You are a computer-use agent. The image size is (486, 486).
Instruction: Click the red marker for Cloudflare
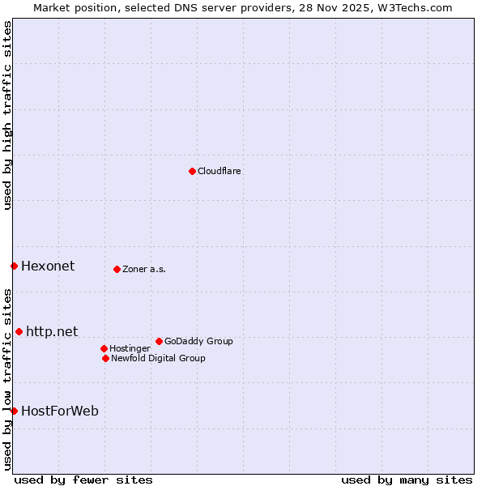pyautogui.click(x=192, y=171)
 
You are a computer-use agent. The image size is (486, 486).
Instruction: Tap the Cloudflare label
pyautogui.click(x=220, y=171)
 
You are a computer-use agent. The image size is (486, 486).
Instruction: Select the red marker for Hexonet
pyautogui.click(x=14, y=266)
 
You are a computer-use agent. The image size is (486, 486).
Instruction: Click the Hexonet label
pyautogui.click(x=48, y=266)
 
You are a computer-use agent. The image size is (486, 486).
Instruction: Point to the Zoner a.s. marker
pyautogui.click(x=117, y=269)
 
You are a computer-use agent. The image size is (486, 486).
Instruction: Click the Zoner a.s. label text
pyautogui.click(x=144, y=269)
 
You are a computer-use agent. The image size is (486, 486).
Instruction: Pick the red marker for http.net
pyautogui.click(x=19, y=331)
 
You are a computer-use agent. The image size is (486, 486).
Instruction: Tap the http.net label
pyautogui.click(x=52, y=331)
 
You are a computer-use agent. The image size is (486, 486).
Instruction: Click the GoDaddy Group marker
pyautogui.click(x=159, y=341)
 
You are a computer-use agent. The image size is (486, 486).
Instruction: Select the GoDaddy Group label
pyautogui.click(x=198, y=341)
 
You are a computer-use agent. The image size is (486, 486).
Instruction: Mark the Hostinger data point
pyautogui.click(x=104, y=348)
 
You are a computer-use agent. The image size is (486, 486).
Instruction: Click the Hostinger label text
pyautogui.click(x=130, y=348)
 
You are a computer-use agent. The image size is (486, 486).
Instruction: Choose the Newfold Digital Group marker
pyautogui.click(x=105, y=358)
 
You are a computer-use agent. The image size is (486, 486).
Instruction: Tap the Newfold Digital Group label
pyautogui.click(x=158, y=358)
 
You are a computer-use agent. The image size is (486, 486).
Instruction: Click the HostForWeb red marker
pyautogui.click(x=14, y=411)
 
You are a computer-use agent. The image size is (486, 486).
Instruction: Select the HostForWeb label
pyautogui.click(x=60, y=411)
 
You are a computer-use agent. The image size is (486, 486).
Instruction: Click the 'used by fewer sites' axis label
pyautogui.click(x=83, y=480)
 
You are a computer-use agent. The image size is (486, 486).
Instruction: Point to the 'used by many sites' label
pyautogui.click(x=407, y=480)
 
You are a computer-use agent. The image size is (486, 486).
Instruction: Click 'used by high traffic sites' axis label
pyautogui.click(x=7, y=115)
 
